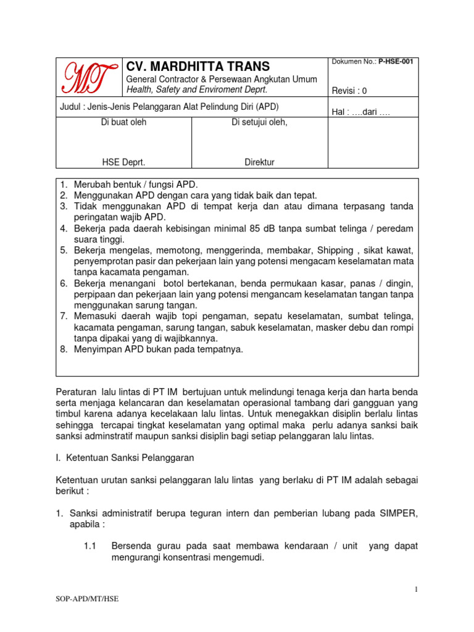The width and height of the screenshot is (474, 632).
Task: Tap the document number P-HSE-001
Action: pyautogui.click(x=396, y=61)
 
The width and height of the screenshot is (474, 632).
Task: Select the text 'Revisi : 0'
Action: pyautogui.click(x=349, y=91)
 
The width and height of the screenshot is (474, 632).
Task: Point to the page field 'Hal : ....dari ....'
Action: pyautogui.click(x=361, y=112)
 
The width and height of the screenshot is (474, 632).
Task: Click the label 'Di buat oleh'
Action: pyautogui.click(x=123, y=122)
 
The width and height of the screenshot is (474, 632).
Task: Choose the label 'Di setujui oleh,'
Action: pyautogui.click(x=259, y=122)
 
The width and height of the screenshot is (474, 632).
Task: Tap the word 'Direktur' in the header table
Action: pyautogui.click(x=259, y=162)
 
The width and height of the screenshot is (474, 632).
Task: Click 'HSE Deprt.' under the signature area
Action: pyautogui.click(x=123, y=162)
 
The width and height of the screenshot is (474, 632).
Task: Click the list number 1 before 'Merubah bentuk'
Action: pyautogui.click(x=63, y=185)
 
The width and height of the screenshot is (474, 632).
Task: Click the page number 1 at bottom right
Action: pyautogui.click(x=417, y=589)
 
